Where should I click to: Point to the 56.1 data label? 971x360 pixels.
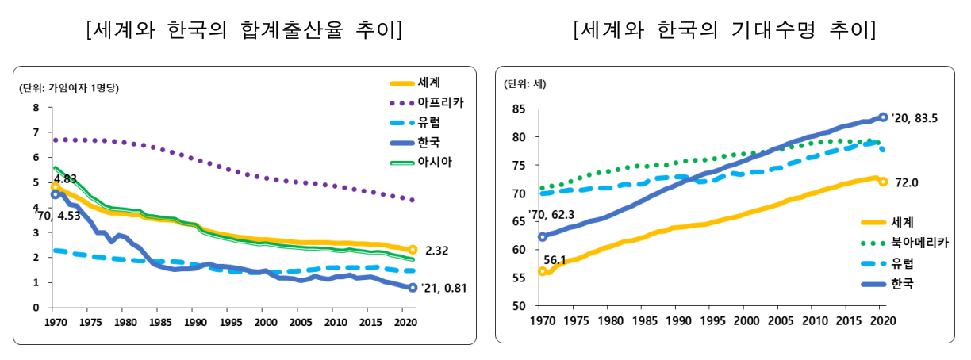555,259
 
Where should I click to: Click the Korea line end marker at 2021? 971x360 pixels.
413,287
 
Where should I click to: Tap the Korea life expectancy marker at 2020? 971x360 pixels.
883,117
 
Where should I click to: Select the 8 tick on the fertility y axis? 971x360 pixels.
36,108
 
